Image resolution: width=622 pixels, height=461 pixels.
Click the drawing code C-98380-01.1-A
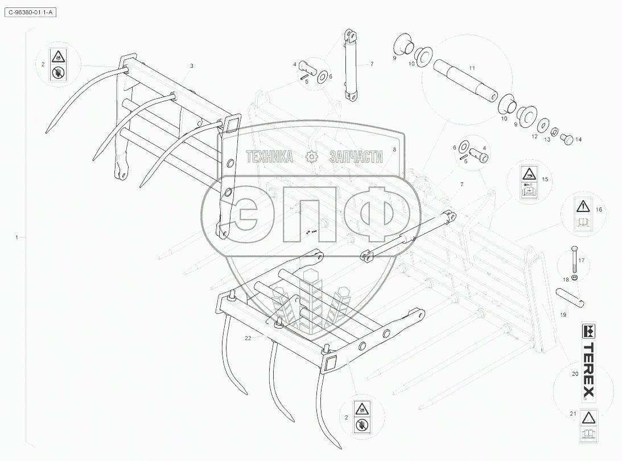click(x=32, y=11)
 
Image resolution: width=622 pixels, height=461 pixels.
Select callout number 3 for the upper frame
click(x=191, y=66)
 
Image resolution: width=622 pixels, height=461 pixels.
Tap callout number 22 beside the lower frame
click(x=248, y=338)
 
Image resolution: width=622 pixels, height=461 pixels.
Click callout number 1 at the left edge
click(x=17, y=236)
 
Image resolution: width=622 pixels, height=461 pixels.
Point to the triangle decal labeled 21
click(x=588, y=425)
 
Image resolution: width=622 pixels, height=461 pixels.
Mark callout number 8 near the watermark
click(x=394, y=149)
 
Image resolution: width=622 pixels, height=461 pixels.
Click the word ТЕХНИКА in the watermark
click(x=269, y=157)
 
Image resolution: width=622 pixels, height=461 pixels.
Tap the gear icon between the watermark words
click(x=311, y=157)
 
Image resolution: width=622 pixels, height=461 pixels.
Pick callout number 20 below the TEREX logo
click(x=574, y=373)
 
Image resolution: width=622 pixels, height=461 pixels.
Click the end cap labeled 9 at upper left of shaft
click(x=403, y=44)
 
